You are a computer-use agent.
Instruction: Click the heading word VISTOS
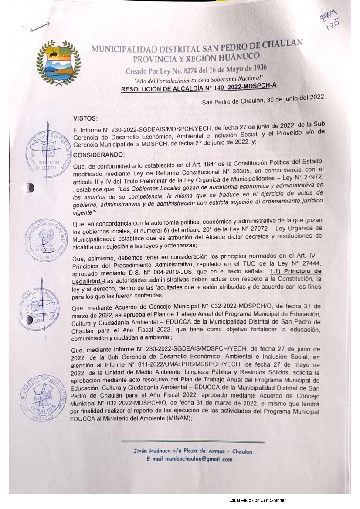pos(85,118)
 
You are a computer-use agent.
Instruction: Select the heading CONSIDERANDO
pos(98,155)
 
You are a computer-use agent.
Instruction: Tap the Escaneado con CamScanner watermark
pos(257,500)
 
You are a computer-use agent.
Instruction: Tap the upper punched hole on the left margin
pos(30,188)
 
